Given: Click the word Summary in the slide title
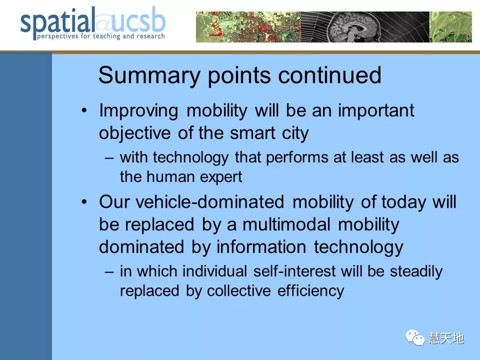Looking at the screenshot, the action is coord(149,76).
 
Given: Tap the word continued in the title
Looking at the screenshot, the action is coord(329,75).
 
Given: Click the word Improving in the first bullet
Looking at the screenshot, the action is coord(138,111).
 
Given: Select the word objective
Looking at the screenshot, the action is coord(134,133).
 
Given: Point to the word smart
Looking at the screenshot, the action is coord(252,133).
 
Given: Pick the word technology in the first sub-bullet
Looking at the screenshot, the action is coord(190,158).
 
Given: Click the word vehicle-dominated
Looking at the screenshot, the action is coord(209,202).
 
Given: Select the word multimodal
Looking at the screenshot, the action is coord(286,224).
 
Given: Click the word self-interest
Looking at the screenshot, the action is coord(294,271).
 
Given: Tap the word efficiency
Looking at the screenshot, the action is coord(310,291).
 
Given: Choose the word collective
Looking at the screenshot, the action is coord(238,291).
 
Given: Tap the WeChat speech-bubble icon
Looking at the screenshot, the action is coord(415,337).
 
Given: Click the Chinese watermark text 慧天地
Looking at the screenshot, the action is coord(446,338).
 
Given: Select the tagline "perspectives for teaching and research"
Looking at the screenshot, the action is coord(100,36).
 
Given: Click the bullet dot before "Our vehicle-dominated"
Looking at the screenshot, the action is coord(84,202).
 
